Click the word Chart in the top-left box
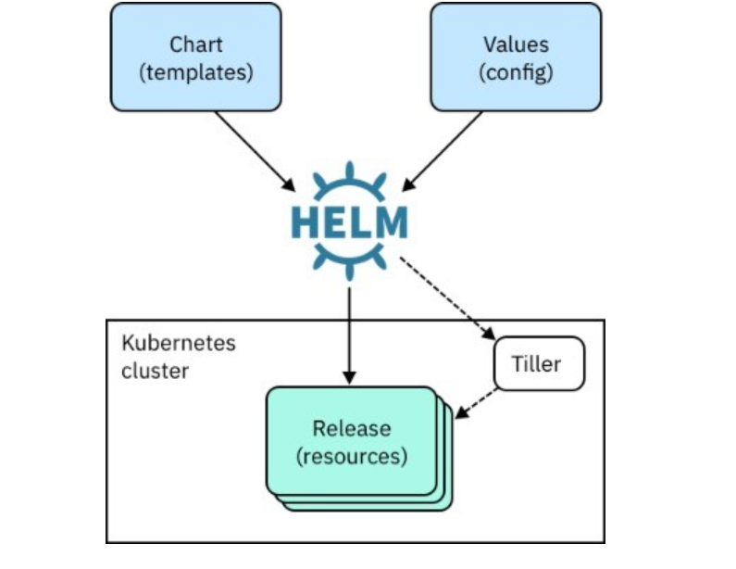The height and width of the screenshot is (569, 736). pos(195,44)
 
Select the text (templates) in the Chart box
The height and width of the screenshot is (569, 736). pos(195,72)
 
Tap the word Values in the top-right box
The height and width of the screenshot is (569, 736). pos(516,44)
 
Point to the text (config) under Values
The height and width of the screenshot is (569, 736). pos(516,72)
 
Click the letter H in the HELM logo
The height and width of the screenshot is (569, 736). pos(307,222)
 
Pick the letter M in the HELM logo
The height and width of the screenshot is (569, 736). pos(390,222)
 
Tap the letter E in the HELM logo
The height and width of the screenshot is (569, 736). pos(337,222)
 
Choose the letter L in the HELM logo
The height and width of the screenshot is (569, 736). pos(362,222)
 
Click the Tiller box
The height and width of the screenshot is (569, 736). pos(539,364)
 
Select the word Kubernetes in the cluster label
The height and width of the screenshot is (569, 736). pos(179,343)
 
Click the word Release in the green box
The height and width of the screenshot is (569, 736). pos(351,429)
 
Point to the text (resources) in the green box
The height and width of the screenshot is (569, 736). pos(351,456)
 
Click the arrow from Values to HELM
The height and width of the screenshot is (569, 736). pos(444,148)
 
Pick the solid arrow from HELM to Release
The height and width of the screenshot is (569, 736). pos(349,334)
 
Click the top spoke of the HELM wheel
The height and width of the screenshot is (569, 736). pos(349,172)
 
